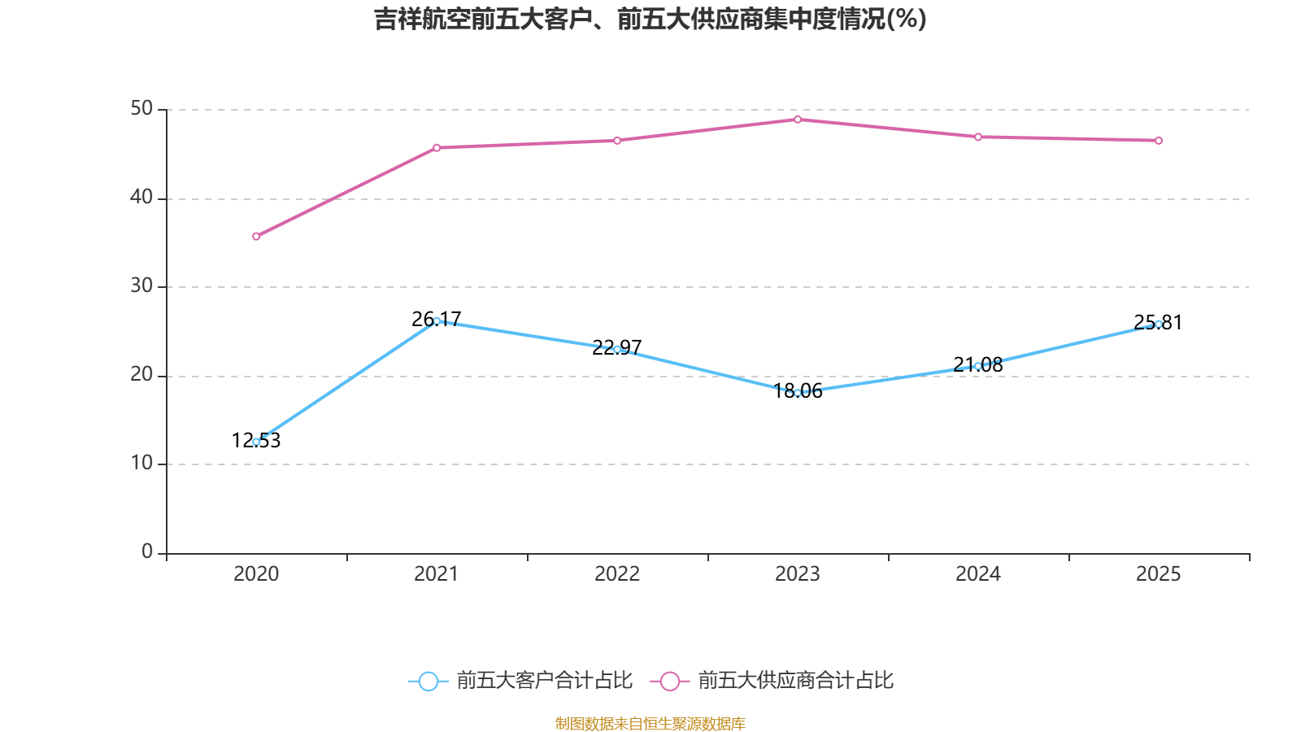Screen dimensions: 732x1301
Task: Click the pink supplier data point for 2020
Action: pyautogui.click(x=256, y=237)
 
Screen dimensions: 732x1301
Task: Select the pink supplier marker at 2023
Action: pyautogui.click(x=798, y=120)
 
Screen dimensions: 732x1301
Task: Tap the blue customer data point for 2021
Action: pyautogui.click(x=437, y=320)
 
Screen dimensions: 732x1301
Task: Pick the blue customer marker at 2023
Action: pyautogui.click(x=798, y=393)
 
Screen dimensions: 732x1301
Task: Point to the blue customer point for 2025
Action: pyautogui.click(x=1159, y=324)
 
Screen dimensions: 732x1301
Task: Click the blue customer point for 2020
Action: pyautogui.click(x=256, y=442)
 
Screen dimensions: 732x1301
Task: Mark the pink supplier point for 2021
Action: pyautogui.click(x=437, y=148)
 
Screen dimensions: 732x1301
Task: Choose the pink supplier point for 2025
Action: pyautogui.click(x=1159, y=141)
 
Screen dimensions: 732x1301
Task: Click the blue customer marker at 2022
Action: pyautogui.click(x=617, y=349)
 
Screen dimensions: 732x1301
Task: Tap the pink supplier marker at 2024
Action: pyautogui.click(x=978, y=137)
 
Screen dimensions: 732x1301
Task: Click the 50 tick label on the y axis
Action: pyautogui.click(x=141, y=109)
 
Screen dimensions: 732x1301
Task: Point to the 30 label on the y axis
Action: pyautogui.click(x=141, y=286)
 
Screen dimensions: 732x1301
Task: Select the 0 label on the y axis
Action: pyautogui.click(x=147, y=552)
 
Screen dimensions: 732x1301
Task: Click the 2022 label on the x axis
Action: pyautogui.click(x=617, y=574)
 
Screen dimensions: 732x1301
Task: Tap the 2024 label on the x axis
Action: pyautogui.click(x=978, y=574)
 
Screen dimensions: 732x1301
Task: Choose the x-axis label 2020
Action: pyautogui.click(x=256, y=574)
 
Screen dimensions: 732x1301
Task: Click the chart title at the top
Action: pyautogui.click(x=650, y=19)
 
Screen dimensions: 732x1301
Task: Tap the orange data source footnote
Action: pyautogui.click(x=650, y=723)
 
